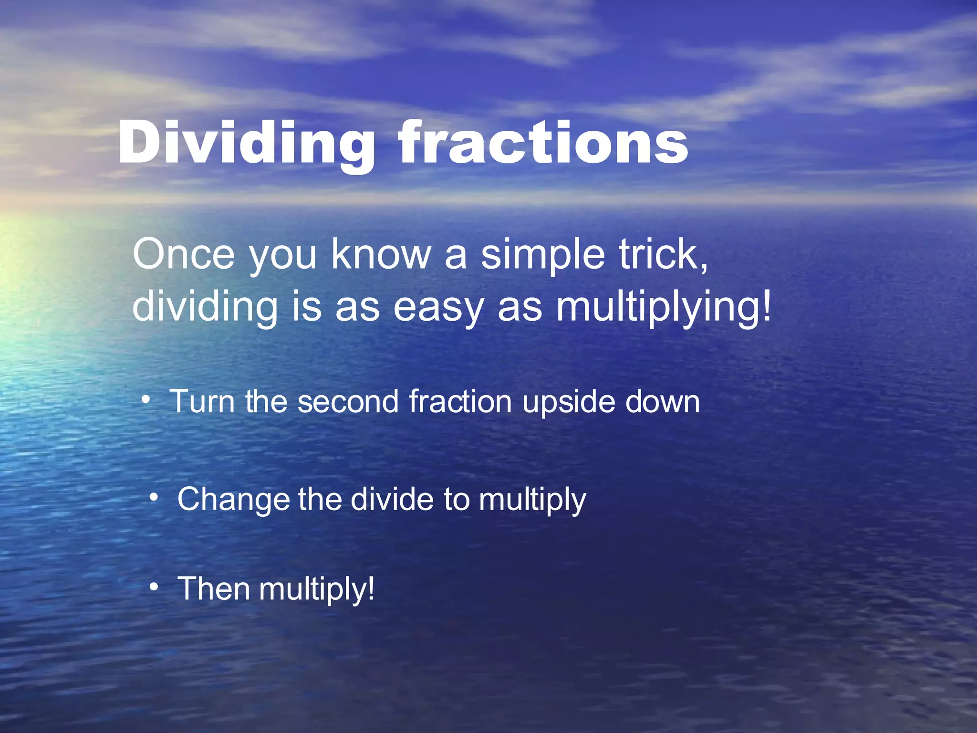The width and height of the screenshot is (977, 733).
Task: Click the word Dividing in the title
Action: coord(246,143)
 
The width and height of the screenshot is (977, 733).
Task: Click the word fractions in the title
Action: coord(544,143)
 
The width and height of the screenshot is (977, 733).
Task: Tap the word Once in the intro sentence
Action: coord(184,255)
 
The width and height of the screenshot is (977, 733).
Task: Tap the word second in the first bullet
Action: coord(348,402)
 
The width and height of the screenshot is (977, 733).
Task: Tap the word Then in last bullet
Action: coord(213,589)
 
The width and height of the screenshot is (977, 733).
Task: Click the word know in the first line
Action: coord(381,255)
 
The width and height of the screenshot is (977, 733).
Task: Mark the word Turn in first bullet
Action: coord(202,402)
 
